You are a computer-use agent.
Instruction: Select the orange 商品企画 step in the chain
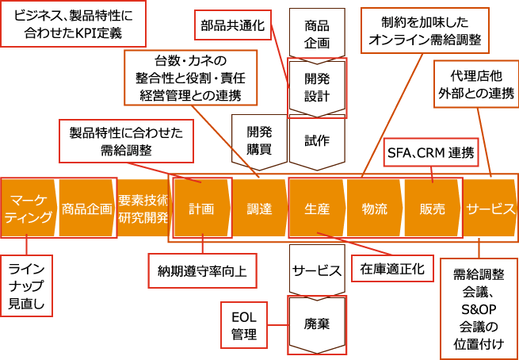click(86, 209)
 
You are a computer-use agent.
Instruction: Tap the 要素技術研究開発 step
click(143, 209)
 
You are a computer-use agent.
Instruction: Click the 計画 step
click(202, 209)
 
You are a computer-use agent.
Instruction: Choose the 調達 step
click(259, 209)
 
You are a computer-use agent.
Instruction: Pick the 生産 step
click(317, 209)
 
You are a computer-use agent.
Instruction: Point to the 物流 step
click(375, 209)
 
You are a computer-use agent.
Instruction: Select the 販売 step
click(432, 209)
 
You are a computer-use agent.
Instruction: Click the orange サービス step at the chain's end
click(490, 209)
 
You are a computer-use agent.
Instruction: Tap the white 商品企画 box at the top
click(317, 33)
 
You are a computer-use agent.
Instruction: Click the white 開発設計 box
click(317, 87)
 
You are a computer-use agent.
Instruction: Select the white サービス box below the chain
click(317, 270)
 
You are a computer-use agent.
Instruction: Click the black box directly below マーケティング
click(26, 285)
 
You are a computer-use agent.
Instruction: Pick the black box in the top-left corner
click(73, 24)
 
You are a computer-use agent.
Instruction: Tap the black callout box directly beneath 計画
click(202, 270)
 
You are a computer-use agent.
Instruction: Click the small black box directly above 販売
click(431, 152)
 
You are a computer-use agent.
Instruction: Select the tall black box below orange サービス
click(479, 308)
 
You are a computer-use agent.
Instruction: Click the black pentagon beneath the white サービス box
click(317, 324)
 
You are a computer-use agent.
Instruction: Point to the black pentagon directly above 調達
click(259, 141)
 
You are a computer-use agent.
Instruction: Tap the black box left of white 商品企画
click(233, 25)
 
